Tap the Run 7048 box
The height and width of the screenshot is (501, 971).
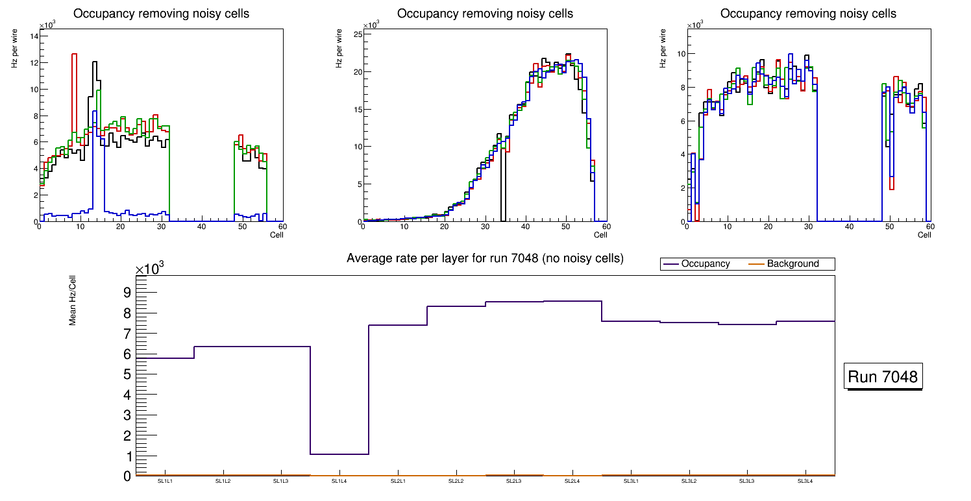[883, 377]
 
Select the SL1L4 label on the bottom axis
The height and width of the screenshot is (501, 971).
[339, 481]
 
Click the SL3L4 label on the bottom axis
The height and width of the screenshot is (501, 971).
[805, 481]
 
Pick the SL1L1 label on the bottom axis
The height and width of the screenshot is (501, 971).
[165, 481]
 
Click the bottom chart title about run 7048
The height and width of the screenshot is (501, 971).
[485, 258]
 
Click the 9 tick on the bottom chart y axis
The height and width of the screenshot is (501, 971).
[127, 293]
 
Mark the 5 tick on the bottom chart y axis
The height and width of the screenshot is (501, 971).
[127, 374]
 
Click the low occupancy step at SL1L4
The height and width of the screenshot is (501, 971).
[339, 454]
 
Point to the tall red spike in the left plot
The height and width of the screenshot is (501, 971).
[74, 55]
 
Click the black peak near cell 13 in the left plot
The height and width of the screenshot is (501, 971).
[95, 62]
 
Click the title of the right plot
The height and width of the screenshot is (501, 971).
[808, 13]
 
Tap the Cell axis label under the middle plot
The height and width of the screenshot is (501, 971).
[600, 234]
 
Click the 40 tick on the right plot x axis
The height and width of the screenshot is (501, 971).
[849, 226]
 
